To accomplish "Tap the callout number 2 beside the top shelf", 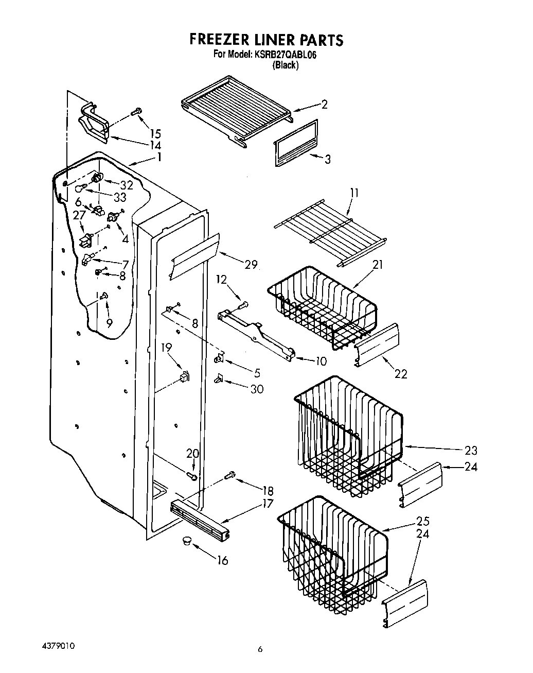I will (x=324, y=105).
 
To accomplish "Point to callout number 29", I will (x=251, y=265).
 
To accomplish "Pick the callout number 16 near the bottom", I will (x=222, y=560).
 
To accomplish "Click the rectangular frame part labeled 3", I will (x=295, y=144).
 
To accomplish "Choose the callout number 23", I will (x=471, y=451).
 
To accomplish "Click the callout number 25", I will (x=423, y=521).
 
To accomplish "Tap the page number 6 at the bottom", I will (x=260, y=650).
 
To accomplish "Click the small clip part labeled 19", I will (x=184, y=377).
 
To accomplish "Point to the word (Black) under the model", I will (x=286, y=65).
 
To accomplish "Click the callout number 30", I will (x=257, y=389).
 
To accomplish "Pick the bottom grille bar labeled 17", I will (x=200, y=520).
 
